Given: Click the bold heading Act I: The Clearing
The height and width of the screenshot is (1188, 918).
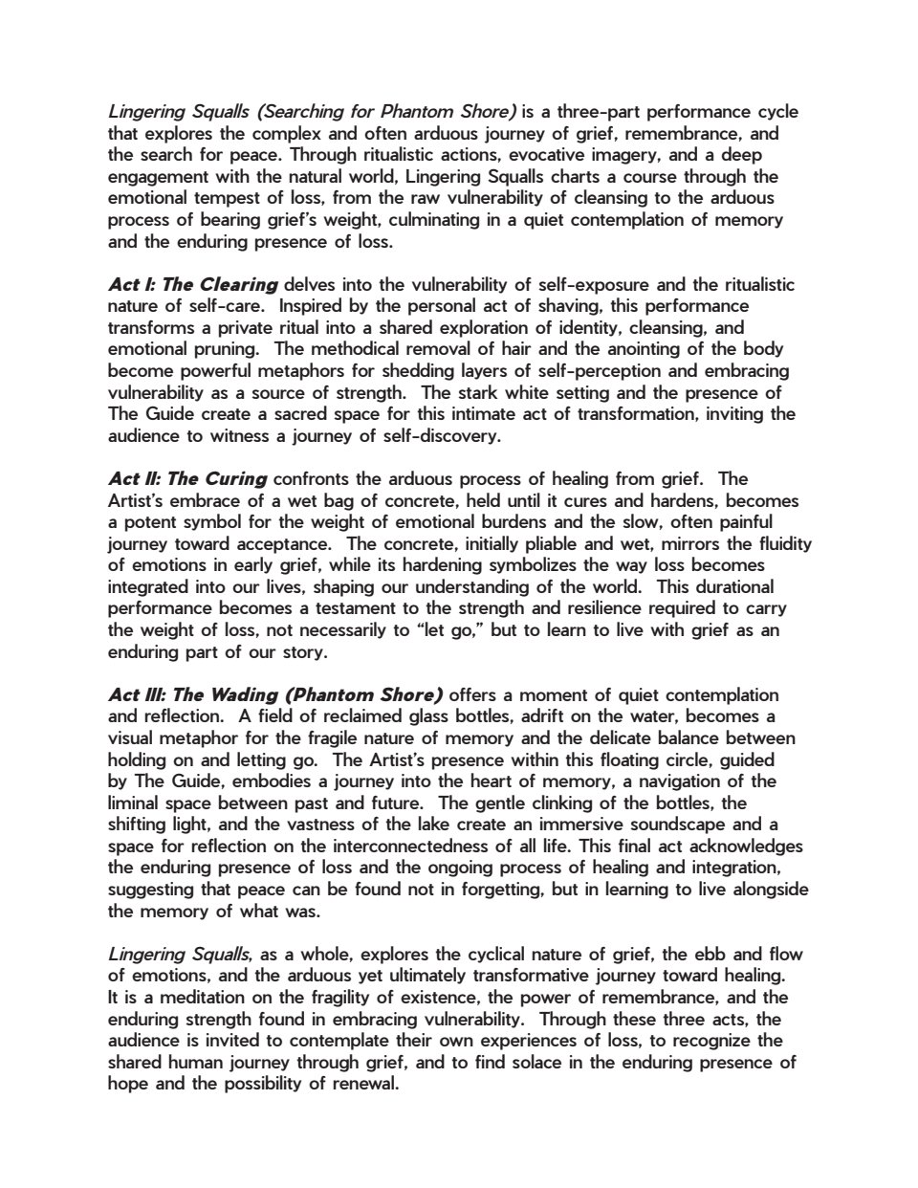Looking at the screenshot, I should pos(193,284).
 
